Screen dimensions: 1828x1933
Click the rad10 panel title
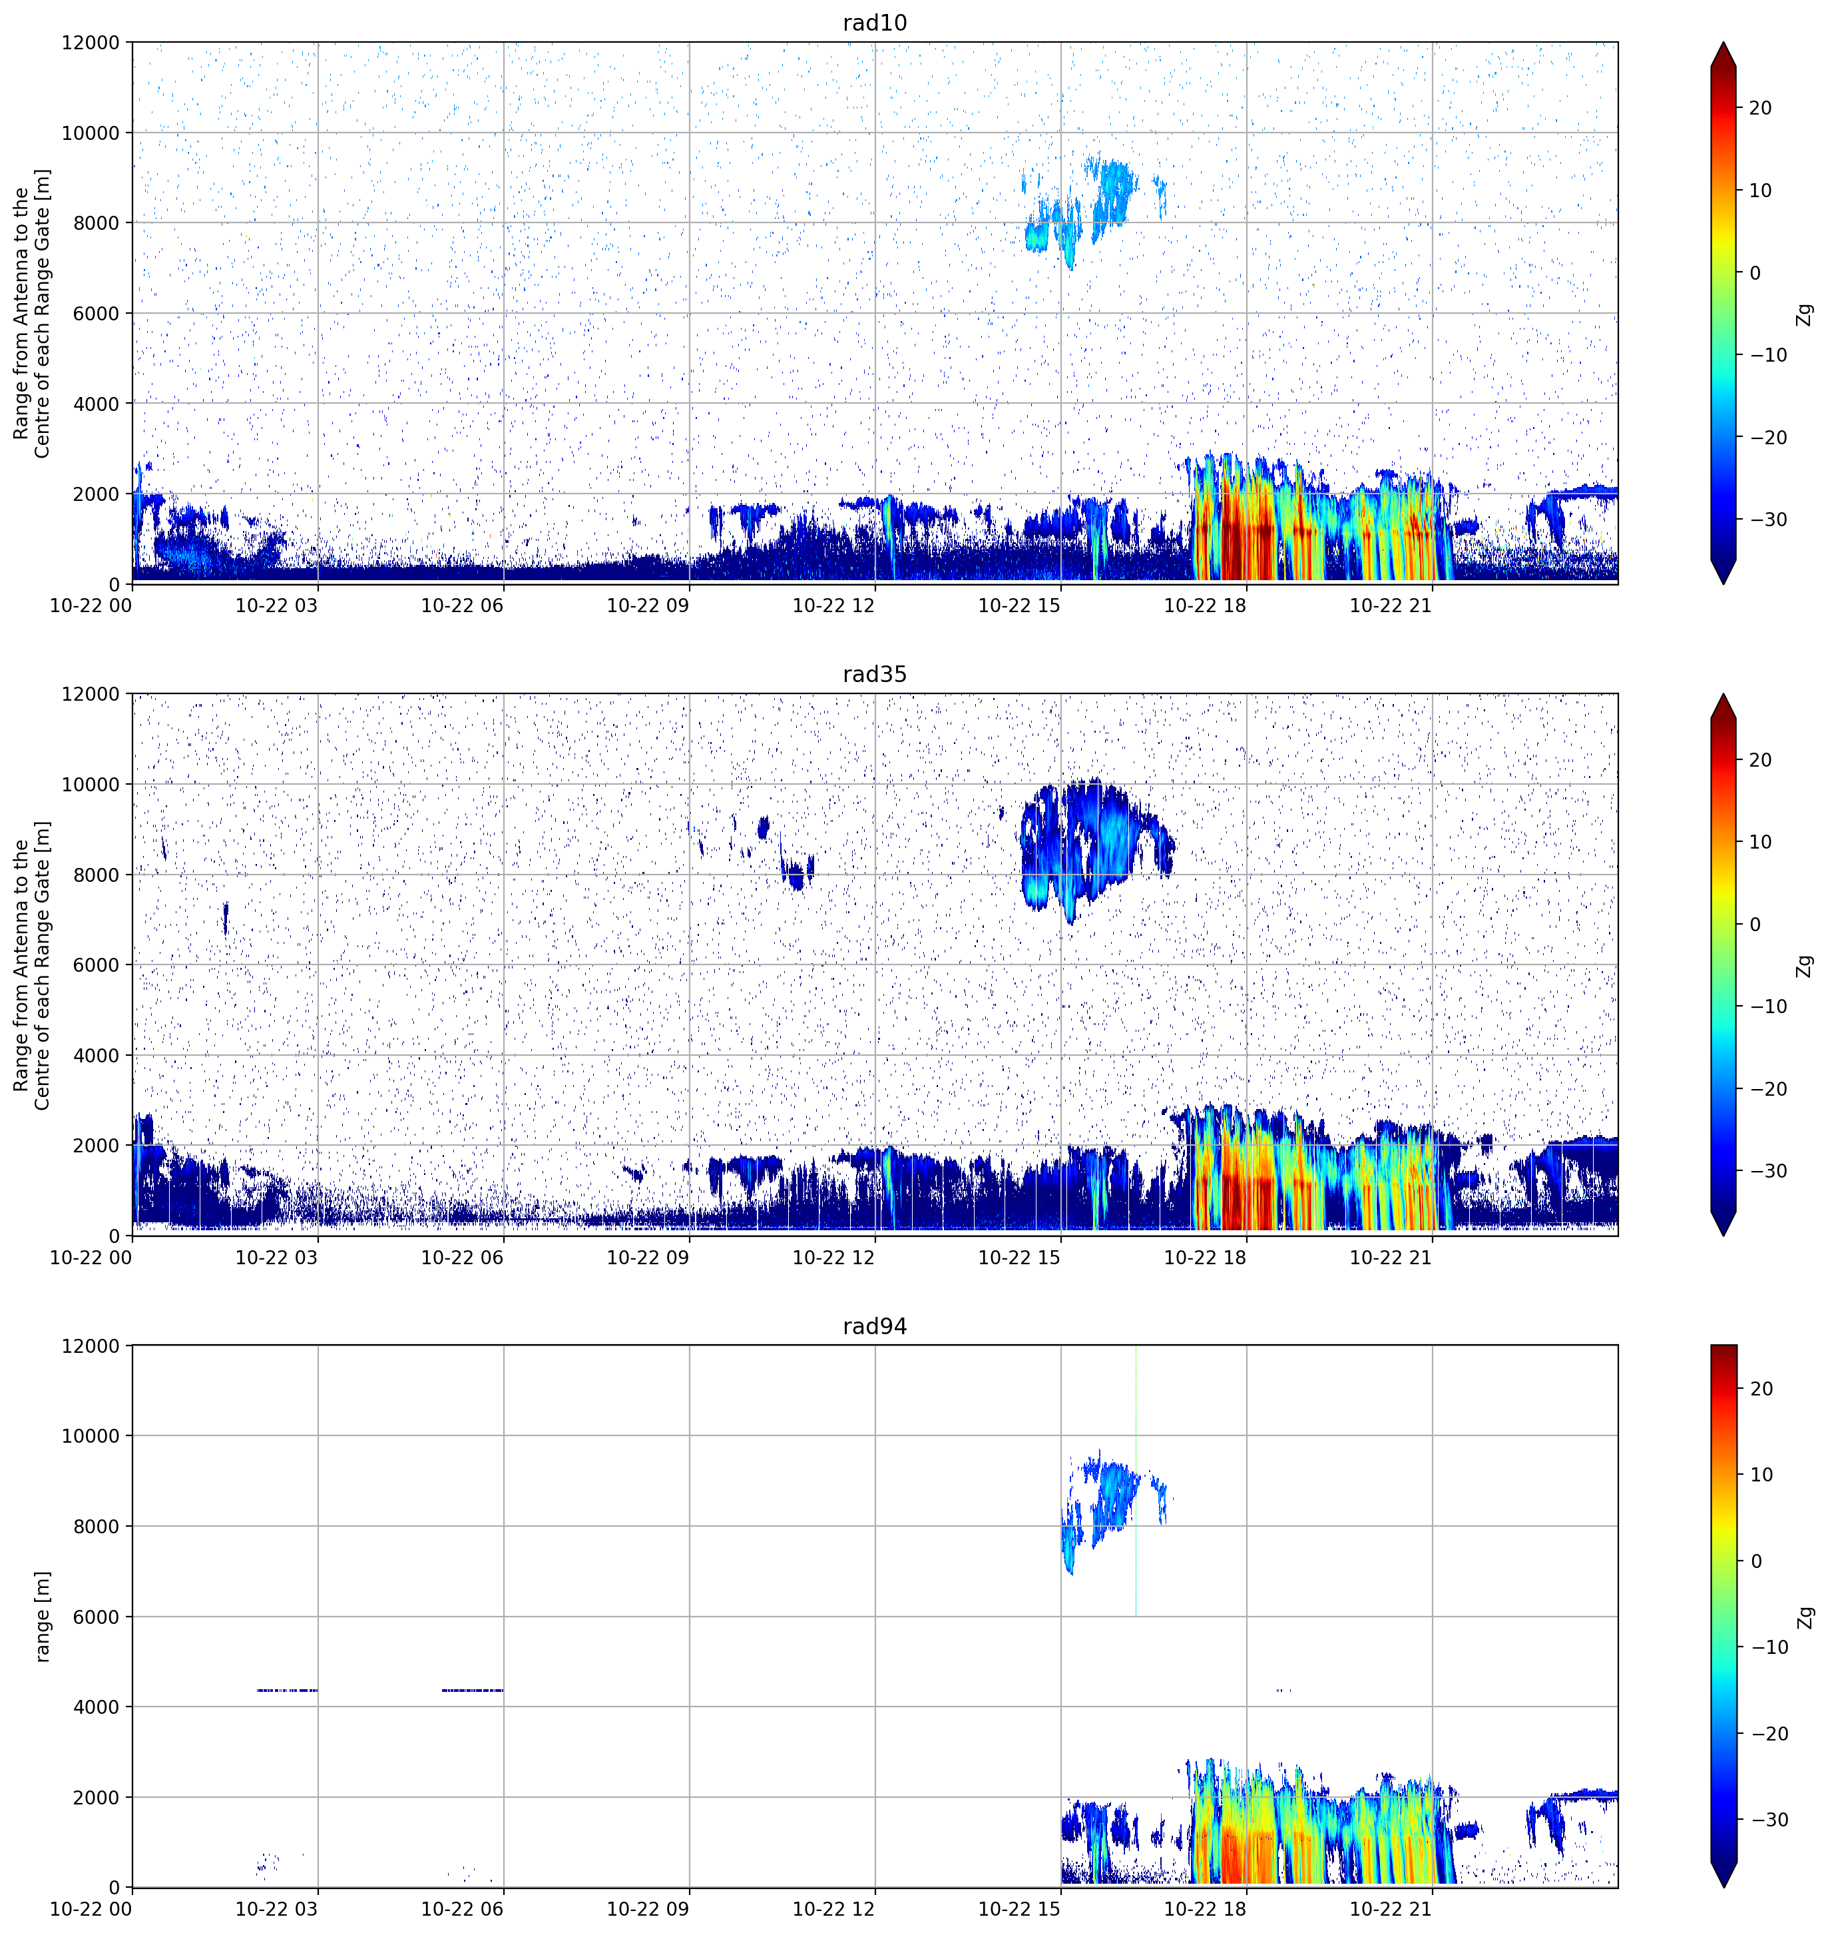coord(874,23)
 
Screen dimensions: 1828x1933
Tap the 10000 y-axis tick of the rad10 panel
coord(91,133)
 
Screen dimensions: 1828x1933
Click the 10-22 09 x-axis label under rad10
coord(648,605)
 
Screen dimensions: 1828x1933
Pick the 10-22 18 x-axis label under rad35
coord(1206,1258)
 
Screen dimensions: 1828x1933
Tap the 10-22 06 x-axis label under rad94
coord(462,1908)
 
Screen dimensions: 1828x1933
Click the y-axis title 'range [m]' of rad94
coord(42,1616)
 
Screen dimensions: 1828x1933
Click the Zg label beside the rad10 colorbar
coord(1805,314)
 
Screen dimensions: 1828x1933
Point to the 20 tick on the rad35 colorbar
coord(1760,760)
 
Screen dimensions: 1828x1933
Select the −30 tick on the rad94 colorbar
coord(1765,1820)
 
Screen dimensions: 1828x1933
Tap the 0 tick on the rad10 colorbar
coord(1755,273)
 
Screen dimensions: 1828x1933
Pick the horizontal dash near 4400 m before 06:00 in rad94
coord(473,1691)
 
